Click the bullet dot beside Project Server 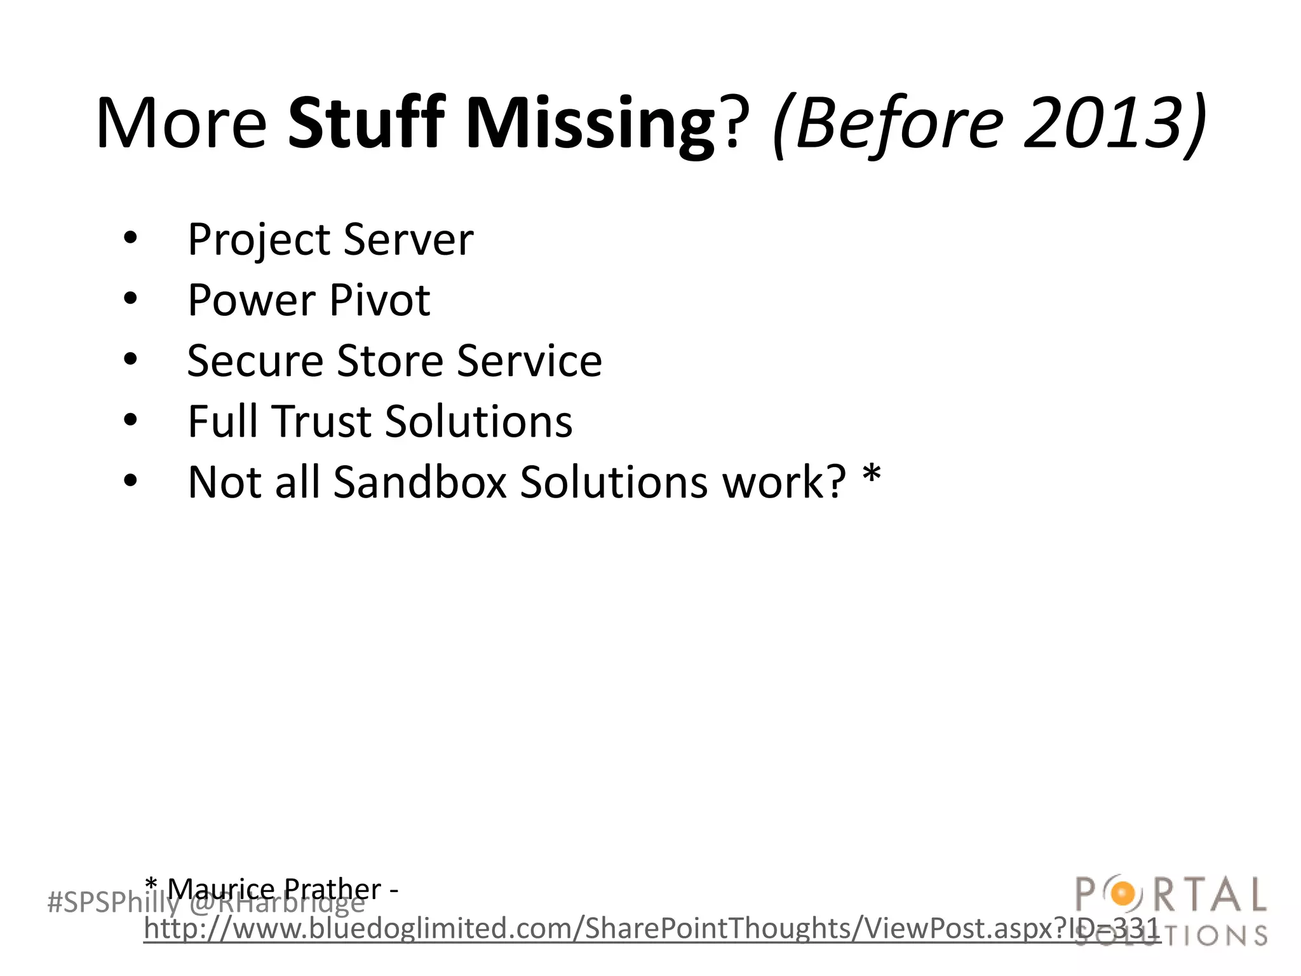[130, 239]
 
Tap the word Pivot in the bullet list [380, 300]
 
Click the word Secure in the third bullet [255, 361]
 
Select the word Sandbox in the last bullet [420, 482]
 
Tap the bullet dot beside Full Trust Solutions [130, 421]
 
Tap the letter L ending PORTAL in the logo [1254, 895]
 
